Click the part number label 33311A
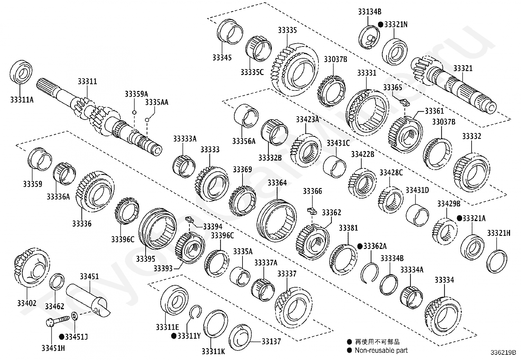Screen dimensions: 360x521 22,100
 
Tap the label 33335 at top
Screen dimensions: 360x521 287,30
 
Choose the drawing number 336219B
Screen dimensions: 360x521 503,352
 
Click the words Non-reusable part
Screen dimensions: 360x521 381,351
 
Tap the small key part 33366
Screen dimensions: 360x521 312,210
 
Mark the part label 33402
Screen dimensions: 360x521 27,303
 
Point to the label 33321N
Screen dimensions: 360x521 396,25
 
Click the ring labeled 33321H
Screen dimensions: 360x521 497,261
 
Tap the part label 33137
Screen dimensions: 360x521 271,341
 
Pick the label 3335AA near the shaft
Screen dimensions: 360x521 157,102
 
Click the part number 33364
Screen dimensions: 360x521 277,183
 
